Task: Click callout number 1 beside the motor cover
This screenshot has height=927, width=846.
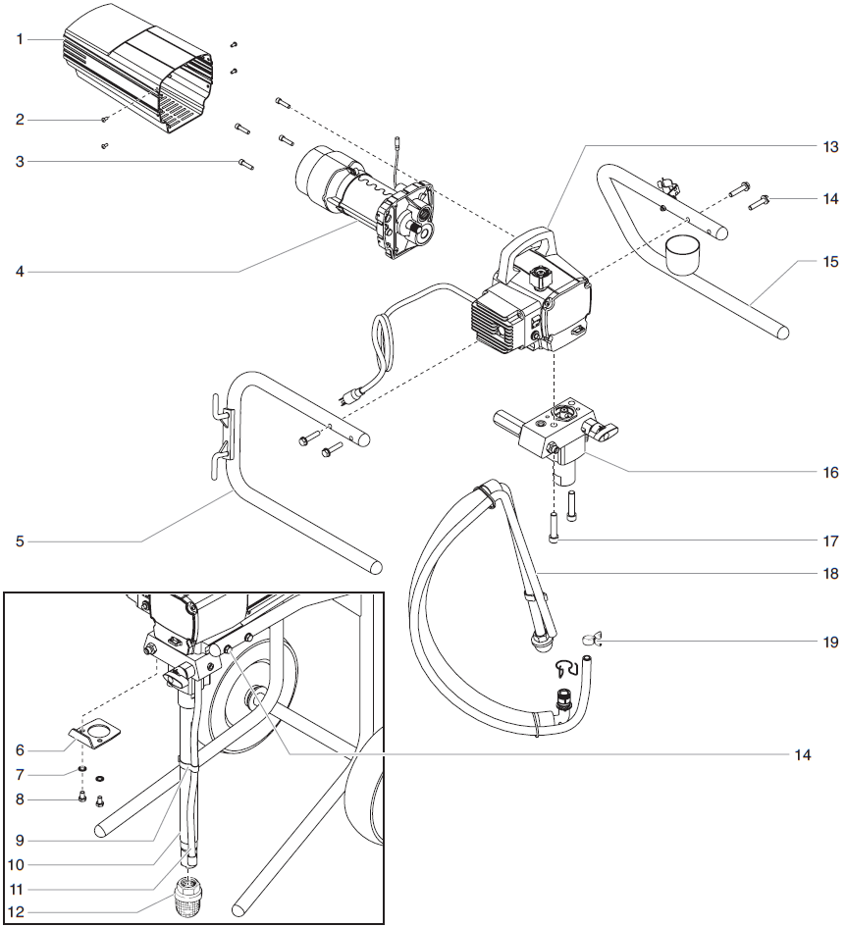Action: click(19, 39)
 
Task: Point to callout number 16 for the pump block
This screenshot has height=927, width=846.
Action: click(830, 472)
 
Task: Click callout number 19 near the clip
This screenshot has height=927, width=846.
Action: click(830, 643)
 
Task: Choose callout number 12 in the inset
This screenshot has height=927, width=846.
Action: click(19, 912)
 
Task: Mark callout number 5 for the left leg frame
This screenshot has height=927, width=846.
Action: click(19, 541)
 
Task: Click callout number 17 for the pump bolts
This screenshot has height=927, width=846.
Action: click(830, 541)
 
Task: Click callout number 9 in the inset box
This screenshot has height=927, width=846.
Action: click(19, 840)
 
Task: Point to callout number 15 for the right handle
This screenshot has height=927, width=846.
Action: click(830, 262)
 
